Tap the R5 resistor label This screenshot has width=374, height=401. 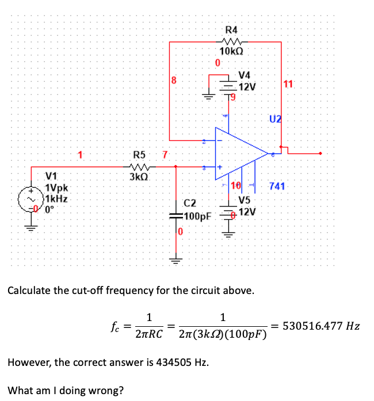tap(139, 154)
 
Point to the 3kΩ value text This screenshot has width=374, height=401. tap(139, 176)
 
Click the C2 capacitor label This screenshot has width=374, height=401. tap(190, 203)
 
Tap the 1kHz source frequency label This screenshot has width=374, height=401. tap(58, 198)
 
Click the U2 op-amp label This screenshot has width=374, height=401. tap(275, 119)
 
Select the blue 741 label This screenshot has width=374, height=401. tap(277, 186)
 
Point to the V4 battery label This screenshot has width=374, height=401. tap(245, 75)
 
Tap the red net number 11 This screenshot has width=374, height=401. tap(288, 85)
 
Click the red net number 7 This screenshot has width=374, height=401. tap(165, 154)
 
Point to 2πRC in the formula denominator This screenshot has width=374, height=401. tap(149, 334)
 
